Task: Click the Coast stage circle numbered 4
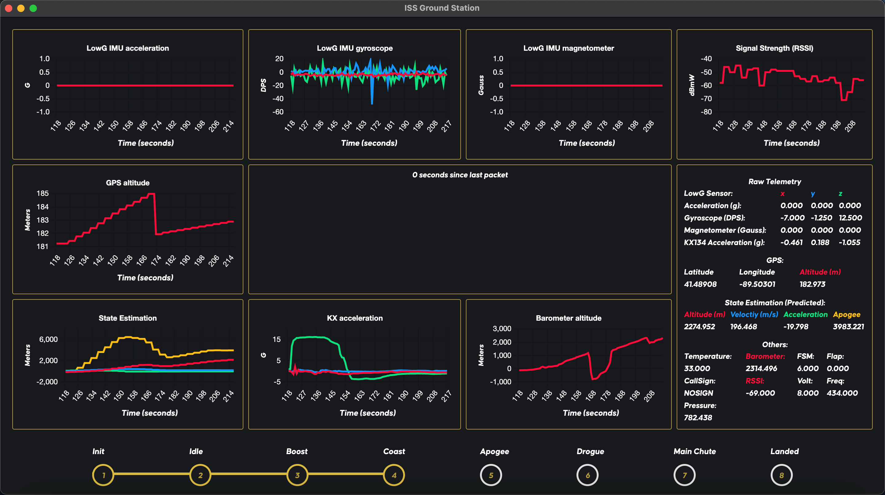tap(394, 475)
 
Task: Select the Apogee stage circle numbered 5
tap(491, 475)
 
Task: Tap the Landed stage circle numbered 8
tap(781, 475)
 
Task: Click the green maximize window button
tap(33, 8)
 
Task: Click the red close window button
tap(9, 8)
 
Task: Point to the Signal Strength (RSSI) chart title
tap(774, 48)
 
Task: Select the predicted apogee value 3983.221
tap(848, 327)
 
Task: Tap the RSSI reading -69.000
tap(760, 393)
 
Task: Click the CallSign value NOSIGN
tap(698, 393)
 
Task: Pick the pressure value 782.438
tap(698, 418)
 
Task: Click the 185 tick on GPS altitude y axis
tap(43, 193)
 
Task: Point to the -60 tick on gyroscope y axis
tap(277, 112)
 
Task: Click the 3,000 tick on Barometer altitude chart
tap(502, 329)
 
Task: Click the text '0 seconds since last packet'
tap(460, 175)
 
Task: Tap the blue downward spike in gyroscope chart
tap(372, 98)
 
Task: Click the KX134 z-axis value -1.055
tap(849, 242)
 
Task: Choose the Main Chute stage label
tap(694, 451)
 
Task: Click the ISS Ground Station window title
tap(442, 8)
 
